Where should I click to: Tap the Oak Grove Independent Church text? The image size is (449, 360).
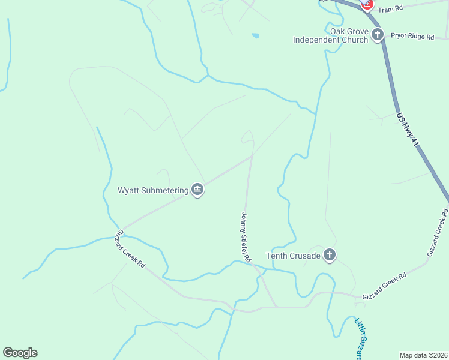pos(330,35)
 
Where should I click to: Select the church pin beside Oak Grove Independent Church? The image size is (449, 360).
pos(378,34)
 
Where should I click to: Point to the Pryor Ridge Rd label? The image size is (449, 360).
pos(412,37)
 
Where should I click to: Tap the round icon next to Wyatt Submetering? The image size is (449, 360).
pos(197,190)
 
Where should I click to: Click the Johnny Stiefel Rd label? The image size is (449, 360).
pos(246,236)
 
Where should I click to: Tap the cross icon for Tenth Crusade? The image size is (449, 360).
pos(329,256)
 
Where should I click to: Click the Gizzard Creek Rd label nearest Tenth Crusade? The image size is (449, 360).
pos(384,286)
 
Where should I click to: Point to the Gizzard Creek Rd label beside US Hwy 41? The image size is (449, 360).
pos(438,233)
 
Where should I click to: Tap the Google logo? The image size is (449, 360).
pos(20,353)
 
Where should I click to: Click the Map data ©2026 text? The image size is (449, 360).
pos(423,355)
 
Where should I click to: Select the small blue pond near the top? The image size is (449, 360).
pos(255,36)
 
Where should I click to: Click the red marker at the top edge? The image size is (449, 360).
pos(366,4)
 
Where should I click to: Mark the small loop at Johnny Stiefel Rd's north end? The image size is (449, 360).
pos(247,137)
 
